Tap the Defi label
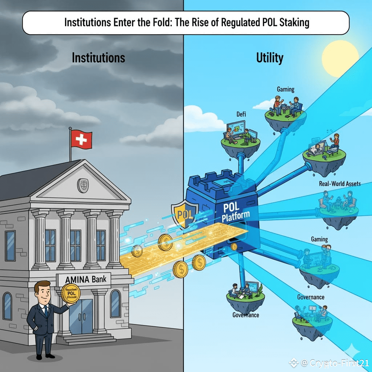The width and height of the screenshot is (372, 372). (241, 114)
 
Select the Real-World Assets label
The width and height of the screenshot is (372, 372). (340, 183)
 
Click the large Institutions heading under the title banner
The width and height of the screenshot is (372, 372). (98, 58)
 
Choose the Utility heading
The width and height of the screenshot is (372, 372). (270, 58)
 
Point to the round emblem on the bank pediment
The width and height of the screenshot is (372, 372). (83, 185)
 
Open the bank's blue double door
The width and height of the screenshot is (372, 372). (82, 316)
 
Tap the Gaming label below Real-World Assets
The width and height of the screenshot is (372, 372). (319, 239)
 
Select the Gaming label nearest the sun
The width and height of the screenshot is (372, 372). (286, 89)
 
